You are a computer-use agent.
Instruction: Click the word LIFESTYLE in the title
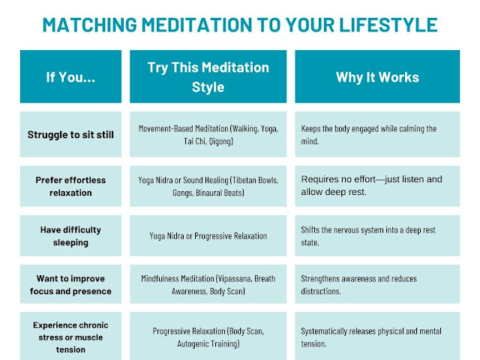tap(388, 25)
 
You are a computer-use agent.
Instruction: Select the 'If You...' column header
tap(70, 76)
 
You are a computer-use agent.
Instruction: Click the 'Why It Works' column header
tap(377, 76)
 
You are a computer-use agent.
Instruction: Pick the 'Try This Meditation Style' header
tap(208, 76)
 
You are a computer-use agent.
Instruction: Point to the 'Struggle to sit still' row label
tap(70, 134)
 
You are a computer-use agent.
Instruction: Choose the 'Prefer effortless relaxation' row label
tap(70, 186)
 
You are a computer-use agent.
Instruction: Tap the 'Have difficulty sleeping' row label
tap(70, 235)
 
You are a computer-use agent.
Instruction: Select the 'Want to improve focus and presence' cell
tap(70, 284)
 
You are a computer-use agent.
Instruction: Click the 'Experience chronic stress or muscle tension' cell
tap(70, 337)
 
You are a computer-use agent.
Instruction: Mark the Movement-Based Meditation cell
tap(208, 134)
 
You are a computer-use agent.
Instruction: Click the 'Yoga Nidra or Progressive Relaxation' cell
tap(208, 235)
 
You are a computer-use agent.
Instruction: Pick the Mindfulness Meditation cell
tap(208, 284)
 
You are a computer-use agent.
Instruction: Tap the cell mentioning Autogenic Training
tap(208, 337)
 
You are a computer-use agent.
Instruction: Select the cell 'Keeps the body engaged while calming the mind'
tap(377, 134)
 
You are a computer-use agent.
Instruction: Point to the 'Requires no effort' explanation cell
tap(377, 186)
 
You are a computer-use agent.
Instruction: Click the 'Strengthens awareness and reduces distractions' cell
tap(377, 284)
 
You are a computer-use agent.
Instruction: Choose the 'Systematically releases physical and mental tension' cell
tap(377, 337)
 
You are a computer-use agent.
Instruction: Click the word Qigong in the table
tap(221, 141)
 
